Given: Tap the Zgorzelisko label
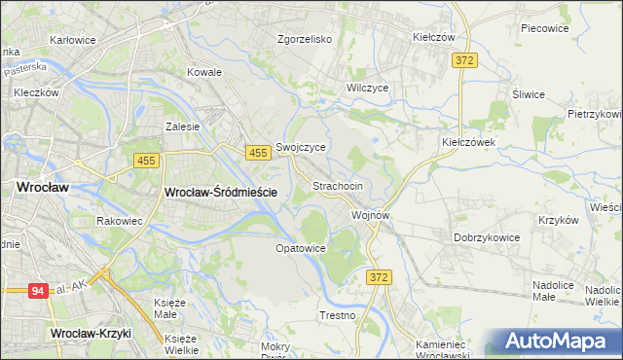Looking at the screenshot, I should tap(305, 40).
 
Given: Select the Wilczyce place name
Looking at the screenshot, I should tap(367, 88).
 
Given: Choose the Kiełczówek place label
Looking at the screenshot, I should tap(469, 141).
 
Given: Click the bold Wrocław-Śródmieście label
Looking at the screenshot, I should tap(221, 193).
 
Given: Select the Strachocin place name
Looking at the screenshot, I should tap(338, 185).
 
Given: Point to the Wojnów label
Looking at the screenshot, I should tap(371, 215).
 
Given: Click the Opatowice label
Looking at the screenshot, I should tap(300, 248).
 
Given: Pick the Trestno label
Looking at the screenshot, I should tap(338, 315).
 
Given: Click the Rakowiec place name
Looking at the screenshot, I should tap(120, 221).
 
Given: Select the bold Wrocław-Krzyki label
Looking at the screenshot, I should tap(91, 333).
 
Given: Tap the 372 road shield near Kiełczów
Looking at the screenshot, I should tap(464, 60).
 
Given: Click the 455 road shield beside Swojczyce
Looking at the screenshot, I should tap(258, 153).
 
